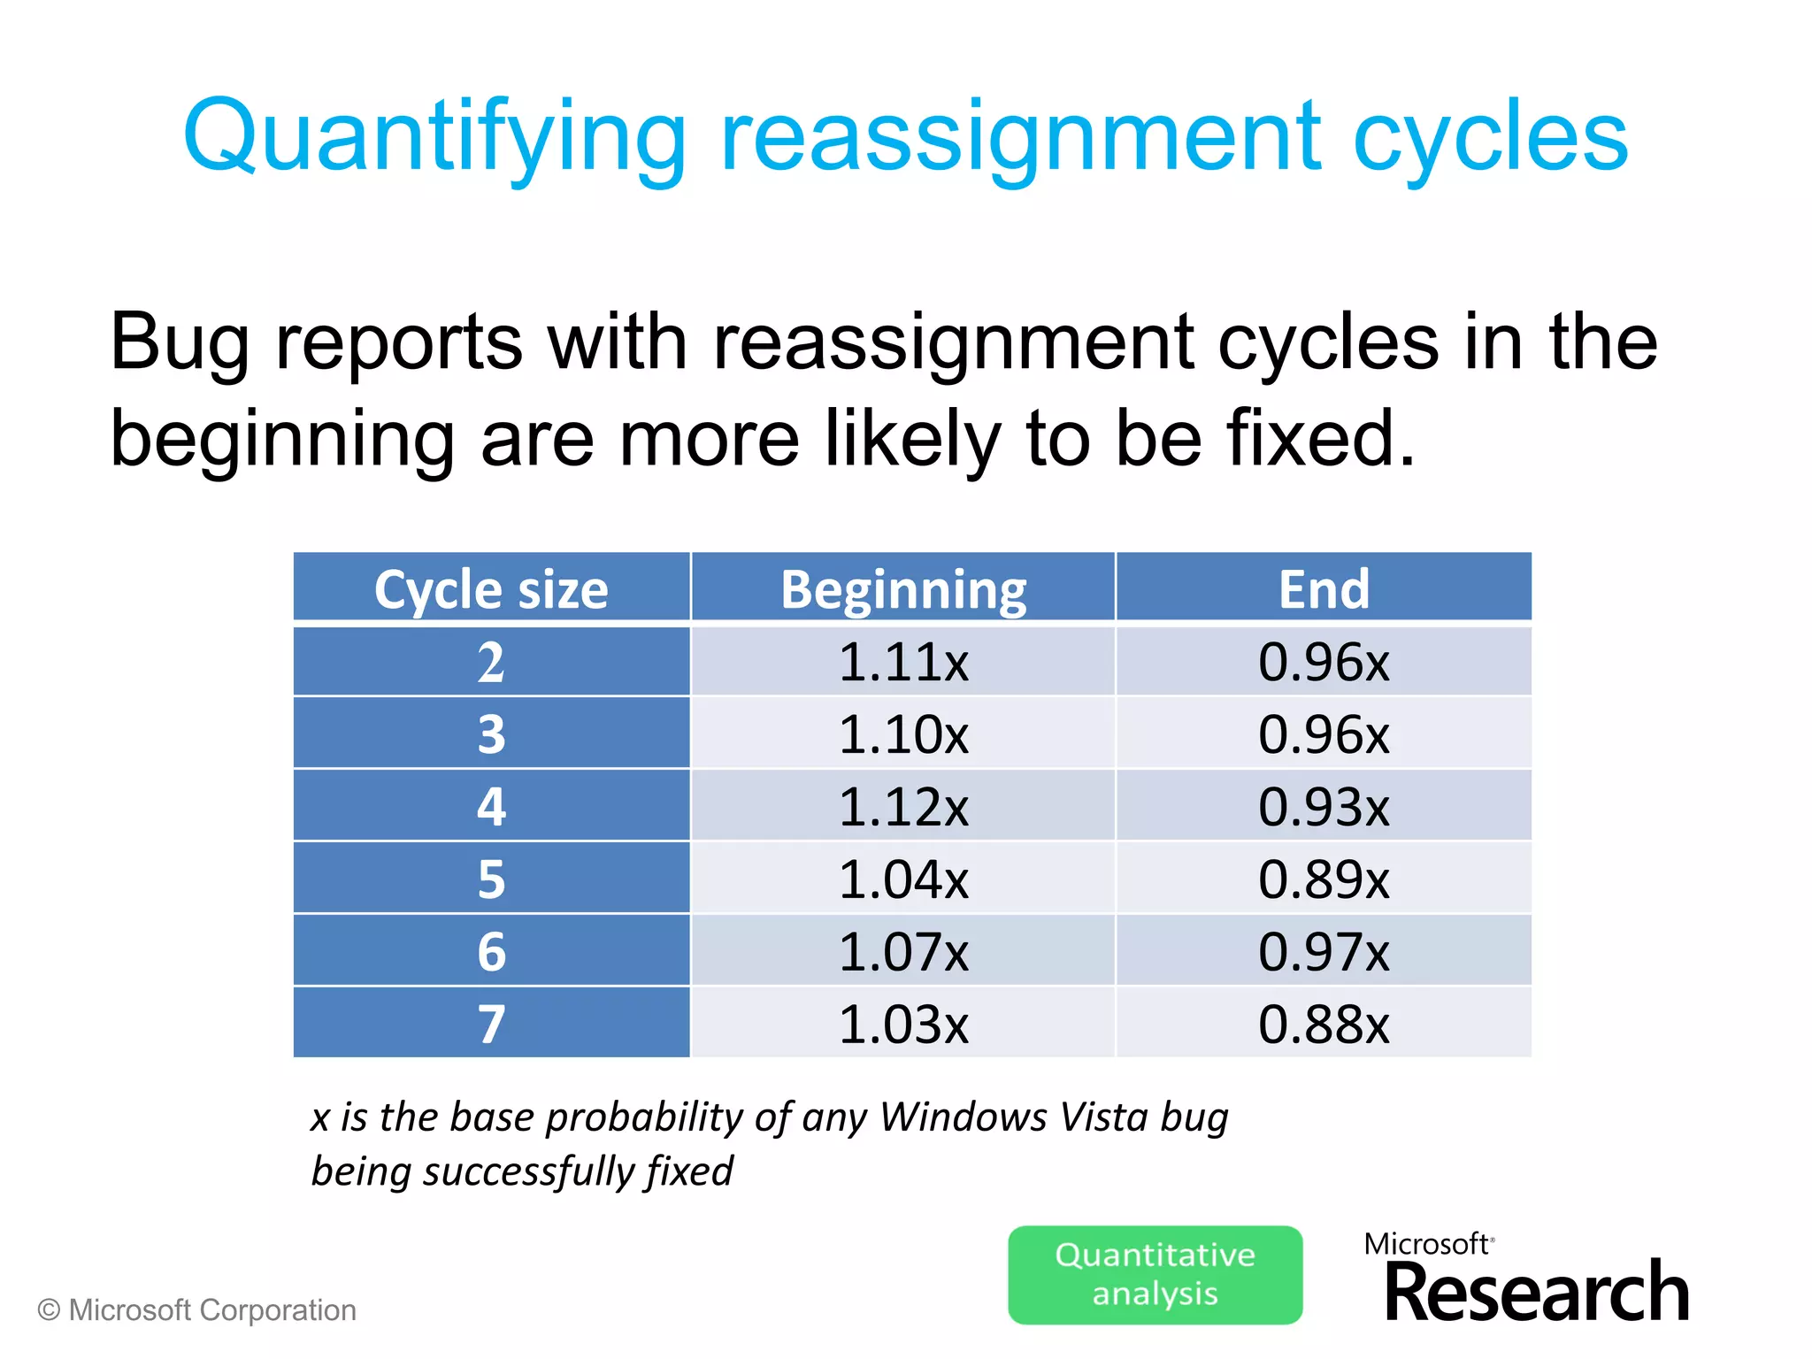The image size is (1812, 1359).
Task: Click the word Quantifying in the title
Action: [434, 137]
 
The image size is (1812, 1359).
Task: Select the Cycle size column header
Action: [491, 589]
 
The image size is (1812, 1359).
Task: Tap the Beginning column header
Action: [903, 589]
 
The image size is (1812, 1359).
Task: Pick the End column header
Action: [1324, 589]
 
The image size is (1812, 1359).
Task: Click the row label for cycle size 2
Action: [491, 662]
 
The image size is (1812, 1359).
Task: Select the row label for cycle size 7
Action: [491, 1024]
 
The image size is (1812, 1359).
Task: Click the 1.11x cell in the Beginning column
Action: [903, 662]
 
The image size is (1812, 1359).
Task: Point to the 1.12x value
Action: [903, 807]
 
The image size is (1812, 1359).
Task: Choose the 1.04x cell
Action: [903, 879]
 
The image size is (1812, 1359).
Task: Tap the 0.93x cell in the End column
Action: [1324, 807]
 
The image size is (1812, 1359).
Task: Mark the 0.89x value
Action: [1324, 879]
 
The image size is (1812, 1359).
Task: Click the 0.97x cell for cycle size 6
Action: [1324, 952]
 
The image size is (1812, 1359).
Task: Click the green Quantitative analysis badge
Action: [1155, 1274]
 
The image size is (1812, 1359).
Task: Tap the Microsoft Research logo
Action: [1526, 1278]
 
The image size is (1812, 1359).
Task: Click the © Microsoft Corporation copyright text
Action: [197, 1310]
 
